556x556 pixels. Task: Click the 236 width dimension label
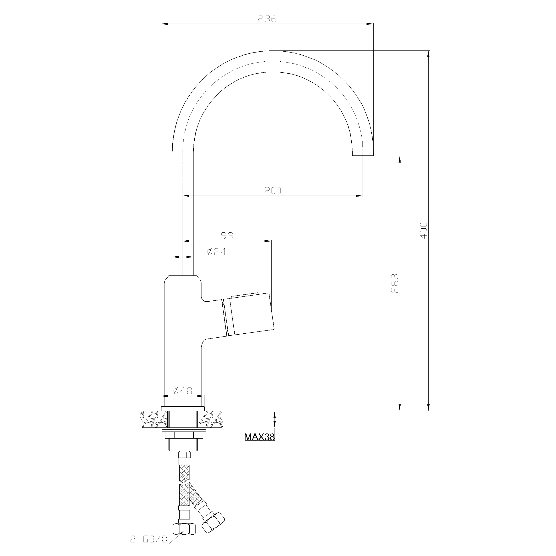267,19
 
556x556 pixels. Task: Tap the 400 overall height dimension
424,230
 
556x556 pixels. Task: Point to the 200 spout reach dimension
273,191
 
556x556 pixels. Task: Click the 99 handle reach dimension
227,236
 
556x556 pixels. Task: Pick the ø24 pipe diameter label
217,252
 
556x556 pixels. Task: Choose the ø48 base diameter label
183,391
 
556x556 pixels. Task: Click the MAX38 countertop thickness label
259,437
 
